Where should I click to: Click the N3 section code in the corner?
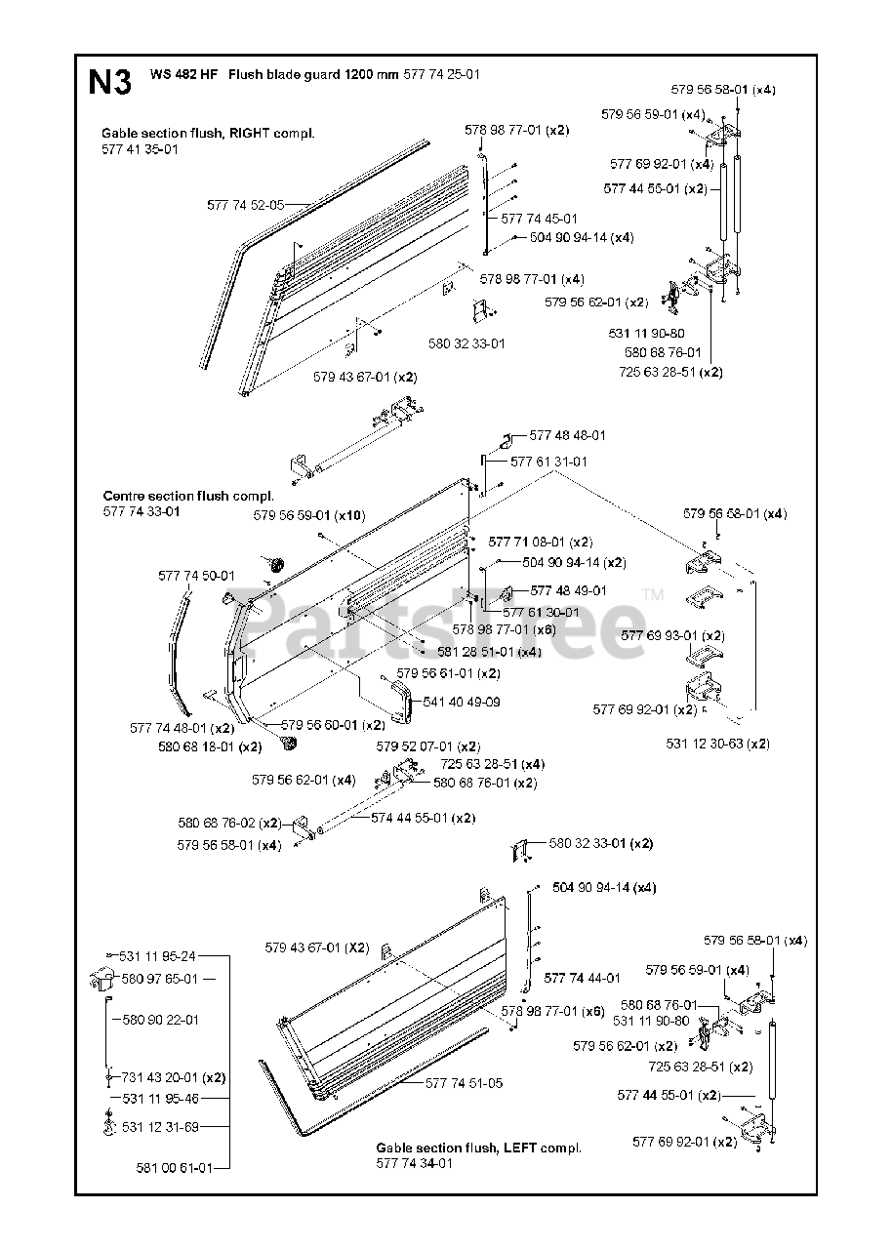(109, 82)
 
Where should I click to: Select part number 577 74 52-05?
(246, 205)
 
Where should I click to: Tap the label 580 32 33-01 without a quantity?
(467, 342)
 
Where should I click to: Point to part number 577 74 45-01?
(539, 219)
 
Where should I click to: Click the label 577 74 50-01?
(197, 576)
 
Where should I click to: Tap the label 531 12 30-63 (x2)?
(718, 743)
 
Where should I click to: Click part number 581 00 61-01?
(175, 1167)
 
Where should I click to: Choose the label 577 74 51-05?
(465, 1083)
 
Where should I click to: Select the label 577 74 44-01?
(583, 977)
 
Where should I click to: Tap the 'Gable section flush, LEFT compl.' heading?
(479, 1148)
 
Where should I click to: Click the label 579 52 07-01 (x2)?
(428, 745)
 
